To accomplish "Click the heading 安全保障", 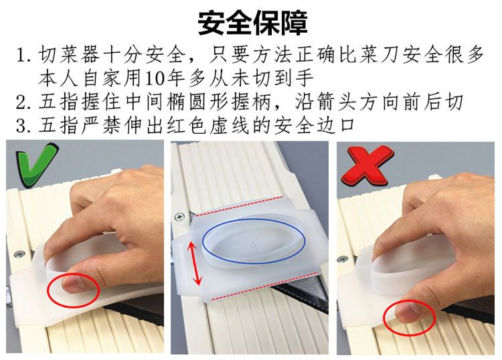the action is click(252, 23).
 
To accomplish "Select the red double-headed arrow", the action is click(195, 264).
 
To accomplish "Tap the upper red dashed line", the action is click(240, 206).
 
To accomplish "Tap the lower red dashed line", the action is click(266, 286).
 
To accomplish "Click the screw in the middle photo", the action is click(179, 217).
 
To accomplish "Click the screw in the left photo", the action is click(20, 255).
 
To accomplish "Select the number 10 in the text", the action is click(155, 79).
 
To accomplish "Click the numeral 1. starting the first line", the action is click(24, 55).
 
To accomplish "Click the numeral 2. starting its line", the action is click(23, 102).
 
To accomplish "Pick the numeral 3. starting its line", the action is click(23, 126).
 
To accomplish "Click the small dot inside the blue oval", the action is click(253, 246).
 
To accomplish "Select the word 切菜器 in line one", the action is click(70, 55).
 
